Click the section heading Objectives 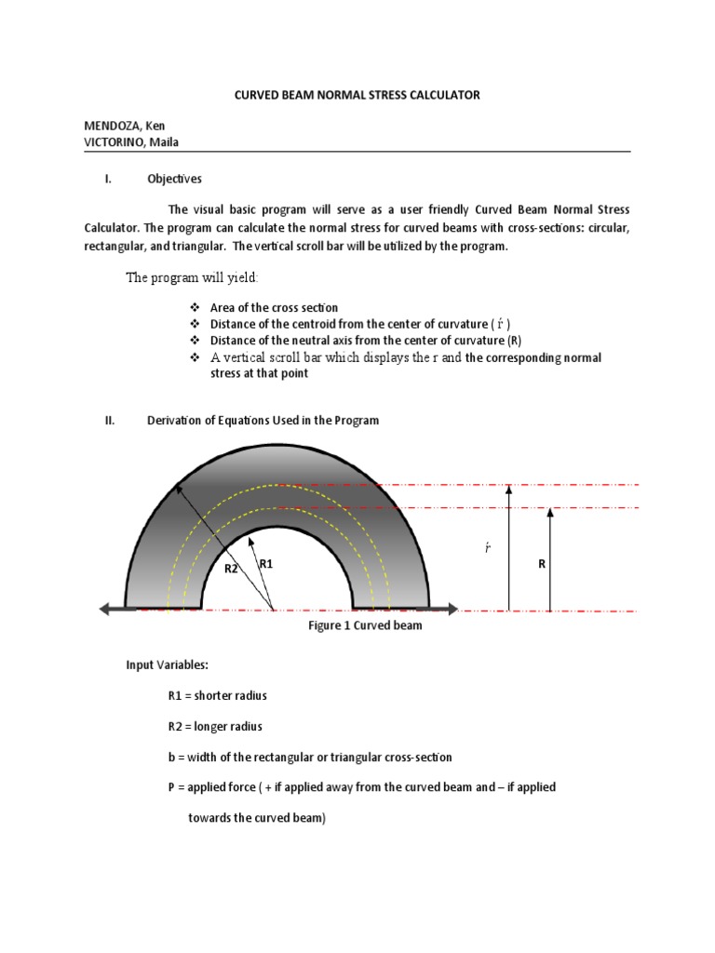point(174,179)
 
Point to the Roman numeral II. point(109,421)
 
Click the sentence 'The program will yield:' point(194,278)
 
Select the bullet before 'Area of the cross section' point(195,308)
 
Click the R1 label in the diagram point(266,564)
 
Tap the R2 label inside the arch point(233,567)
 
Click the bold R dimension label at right point(541,564)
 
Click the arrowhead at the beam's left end point(106,609)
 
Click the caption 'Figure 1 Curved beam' point(365,625)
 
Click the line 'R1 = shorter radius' point(218,695)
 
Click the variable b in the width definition point(171,757)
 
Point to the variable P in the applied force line point(171,787)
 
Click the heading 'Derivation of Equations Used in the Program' point(263,421)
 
